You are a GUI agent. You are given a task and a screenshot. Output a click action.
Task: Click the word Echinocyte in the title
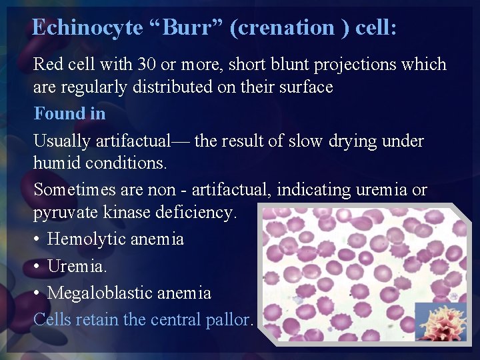[87, 27]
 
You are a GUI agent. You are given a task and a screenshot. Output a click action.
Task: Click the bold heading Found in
[69, 113]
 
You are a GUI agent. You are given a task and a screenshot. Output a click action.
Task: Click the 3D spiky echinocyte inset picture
[441, 322]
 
